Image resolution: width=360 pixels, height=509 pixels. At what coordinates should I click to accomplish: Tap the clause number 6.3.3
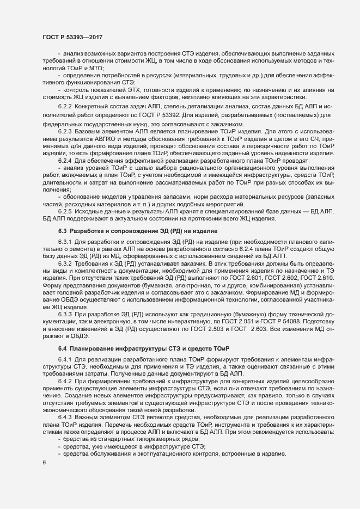(65, 301)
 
